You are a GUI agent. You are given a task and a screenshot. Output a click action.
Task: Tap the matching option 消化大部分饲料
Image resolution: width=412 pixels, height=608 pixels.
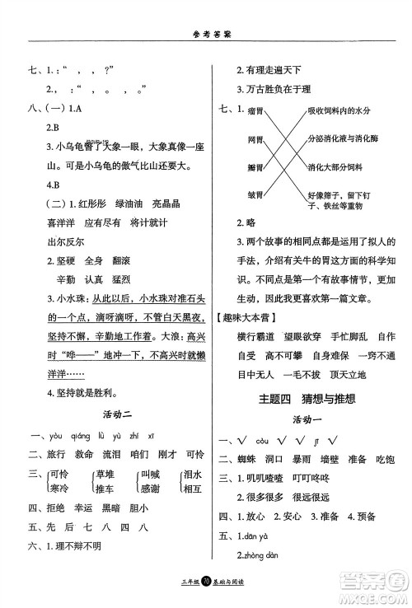(335, 167)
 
